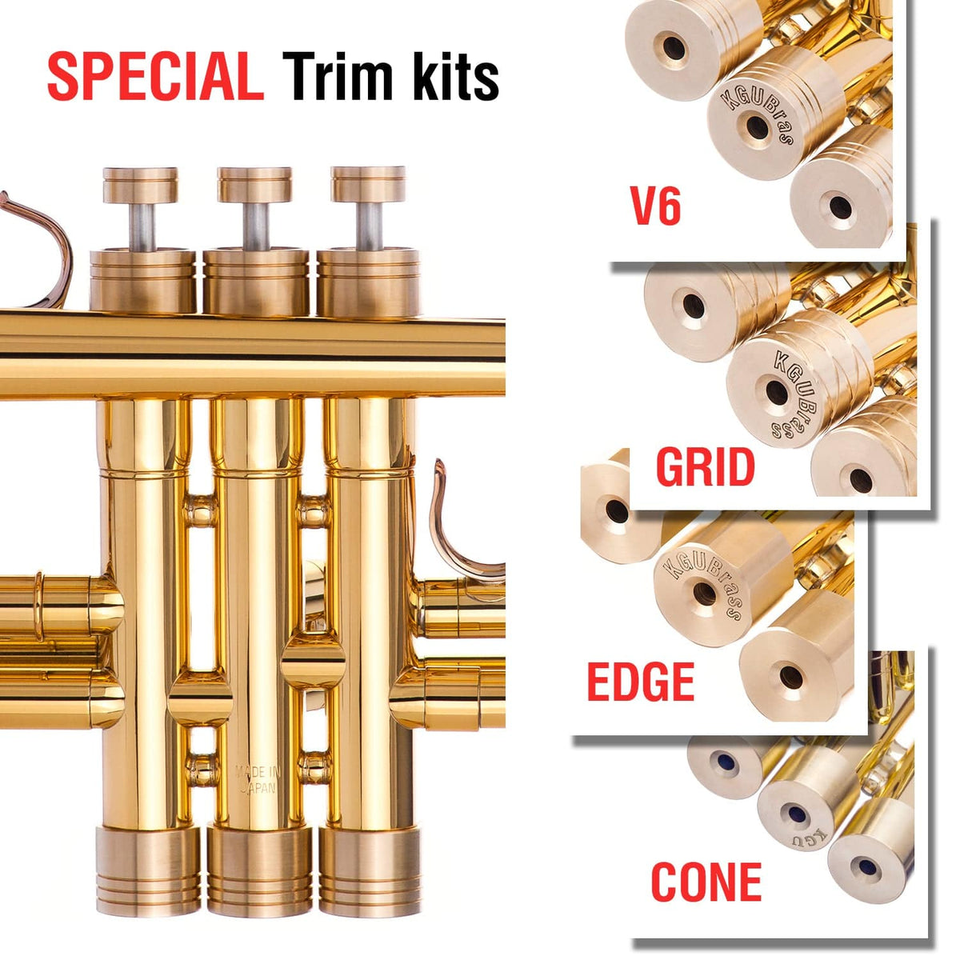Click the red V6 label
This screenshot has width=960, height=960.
click(x=656, y=206)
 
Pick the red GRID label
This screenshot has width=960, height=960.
click(x=705, y=468)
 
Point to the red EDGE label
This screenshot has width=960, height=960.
click(x=640, y=682)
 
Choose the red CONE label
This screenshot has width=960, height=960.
click(x=706, y=882)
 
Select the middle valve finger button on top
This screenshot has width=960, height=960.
click(x=254, y=184)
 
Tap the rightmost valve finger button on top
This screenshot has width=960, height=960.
click(x=368, y=184)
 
